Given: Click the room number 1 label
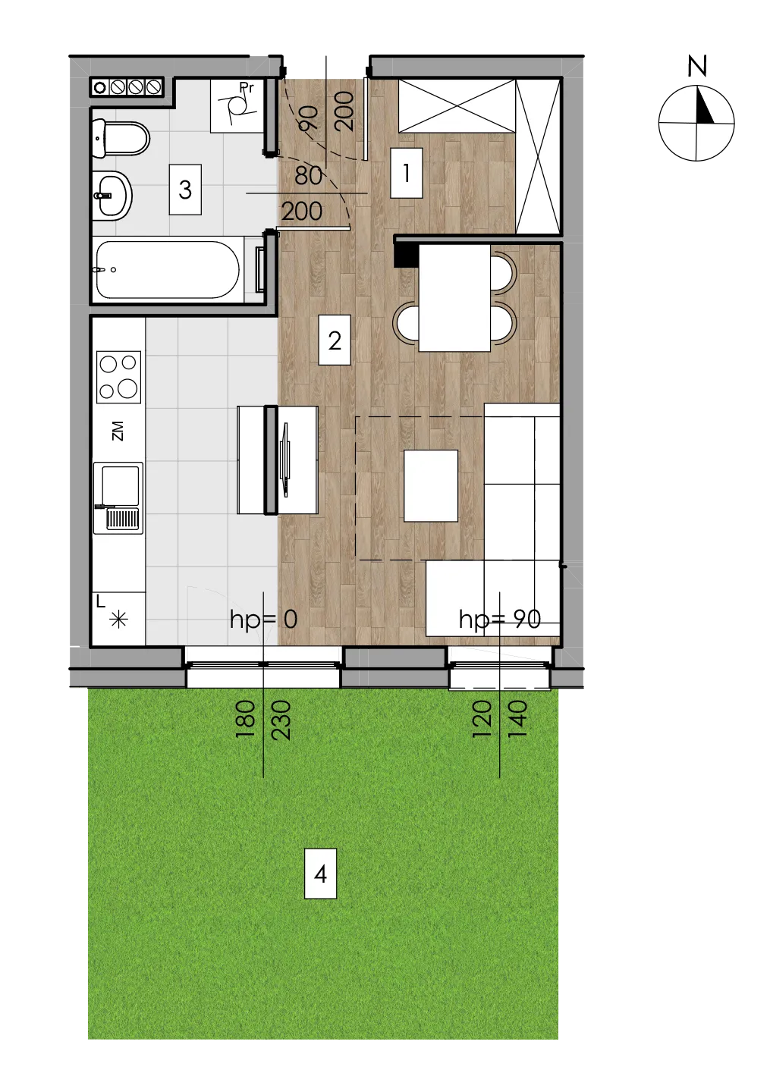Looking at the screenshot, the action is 406,173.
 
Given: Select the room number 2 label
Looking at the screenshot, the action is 334,340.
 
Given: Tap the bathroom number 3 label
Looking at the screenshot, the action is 185,190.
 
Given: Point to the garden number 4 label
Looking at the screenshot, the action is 320,874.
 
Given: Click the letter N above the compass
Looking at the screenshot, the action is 697,66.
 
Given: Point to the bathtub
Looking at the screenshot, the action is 168,270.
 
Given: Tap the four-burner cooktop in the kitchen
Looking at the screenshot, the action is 118,378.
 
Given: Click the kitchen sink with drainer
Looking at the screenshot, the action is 118,498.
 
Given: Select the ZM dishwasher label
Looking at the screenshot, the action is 118,431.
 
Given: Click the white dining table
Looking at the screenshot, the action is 454,297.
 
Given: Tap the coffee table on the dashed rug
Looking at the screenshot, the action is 431,485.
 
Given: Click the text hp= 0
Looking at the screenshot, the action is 263,620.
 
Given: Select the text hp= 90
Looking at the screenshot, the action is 500,620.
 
